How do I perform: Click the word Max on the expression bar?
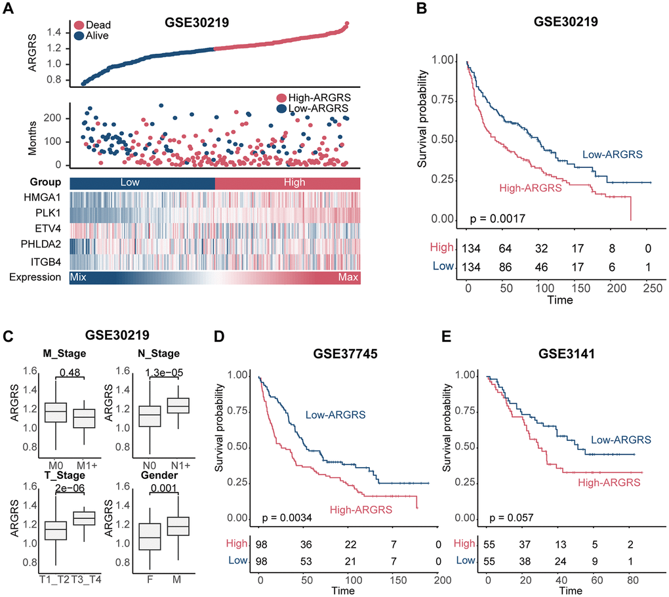348,278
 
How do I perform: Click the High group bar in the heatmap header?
287,182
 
